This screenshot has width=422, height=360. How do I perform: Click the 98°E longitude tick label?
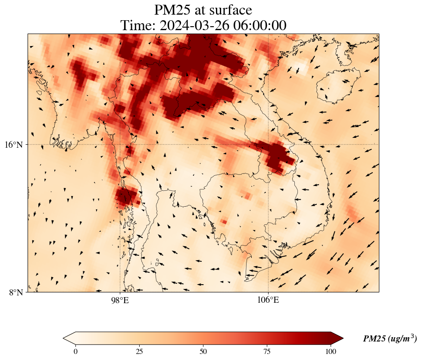pyautogui.click(x=120, y=300)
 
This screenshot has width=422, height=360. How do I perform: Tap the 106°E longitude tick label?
pyautogui.click(x=268, y=300)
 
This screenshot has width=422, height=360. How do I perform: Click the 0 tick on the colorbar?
pyautogui.click(x=76, y=351)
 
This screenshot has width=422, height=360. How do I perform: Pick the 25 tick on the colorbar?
pyautogui.click(x=139, y=351)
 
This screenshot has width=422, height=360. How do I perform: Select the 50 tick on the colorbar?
pyautogui.click(x=203, y=351)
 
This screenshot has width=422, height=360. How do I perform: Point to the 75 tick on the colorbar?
pyautogui.click(x=267, y=351)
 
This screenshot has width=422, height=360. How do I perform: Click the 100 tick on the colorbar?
pyautogui.click(x=331, y=351)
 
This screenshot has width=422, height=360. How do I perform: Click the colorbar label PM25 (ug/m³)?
pyautogui.click(x=390, y=338)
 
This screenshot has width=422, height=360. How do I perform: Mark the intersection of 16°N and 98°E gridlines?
pyautogui.click(x=120, y=144)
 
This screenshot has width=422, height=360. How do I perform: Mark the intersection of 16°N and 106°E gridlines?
pyautogui.click(x=268, y=144)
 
